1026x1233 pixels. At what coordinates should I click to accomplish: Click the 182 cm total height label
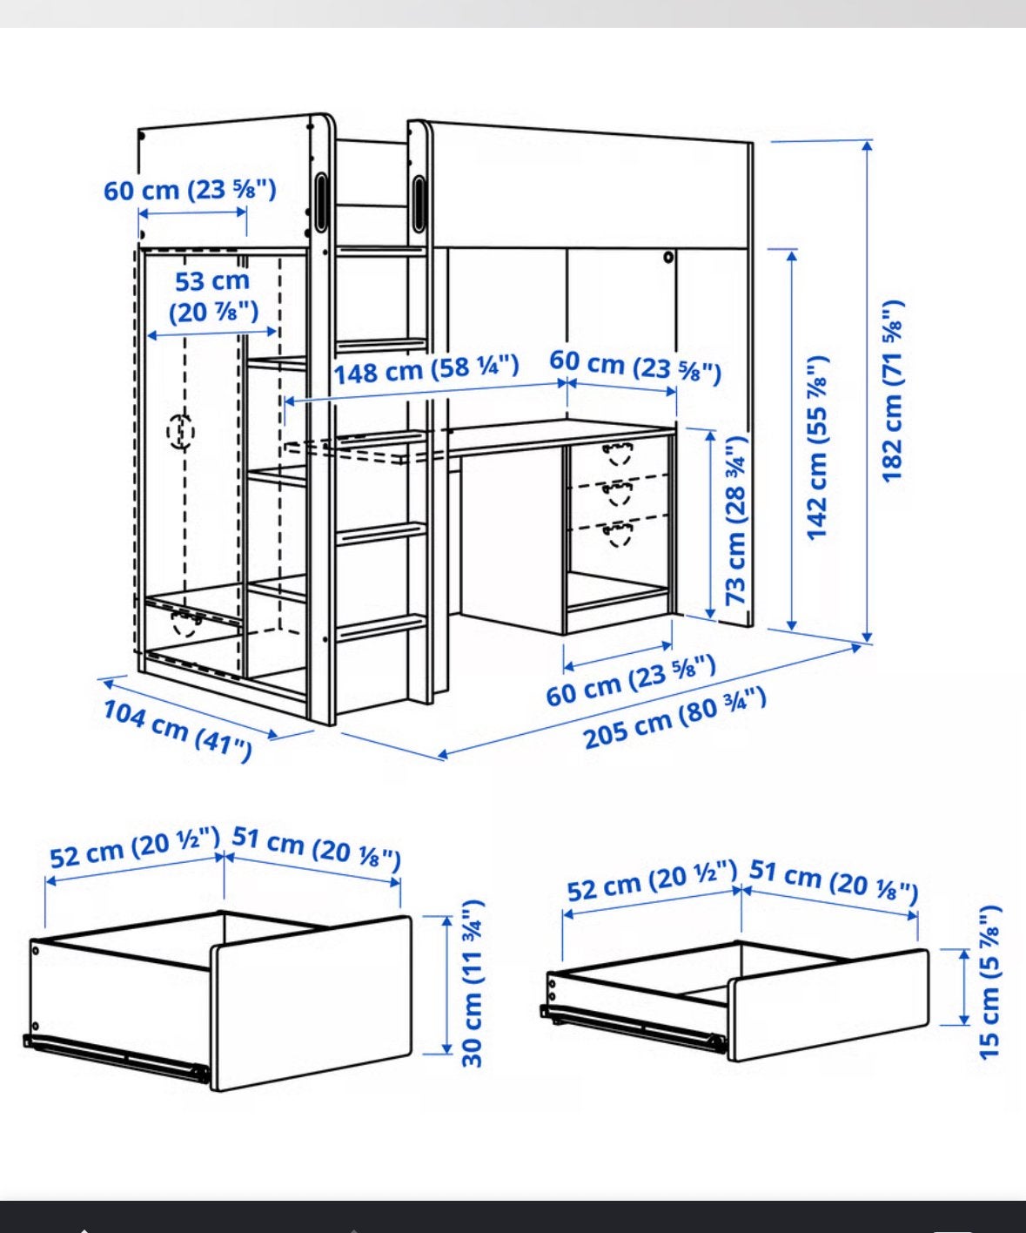point(892,392)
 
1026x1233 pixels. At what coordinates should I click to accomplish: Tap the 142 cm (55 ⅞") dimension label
point(818,448)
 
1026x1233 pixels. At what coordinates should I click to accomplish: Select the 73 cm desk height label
point(736,520)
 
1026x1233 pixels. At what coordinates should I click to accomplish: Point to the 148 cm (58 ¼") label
point(426,370)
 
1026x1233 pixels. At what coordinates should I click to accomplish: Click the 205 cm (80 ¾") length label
point(674,718)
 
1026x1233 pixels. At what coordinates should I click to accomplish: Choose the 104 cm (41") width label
point(178,730)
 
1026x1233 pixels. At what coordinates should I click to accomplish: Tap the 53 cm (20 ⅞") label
point(213,296)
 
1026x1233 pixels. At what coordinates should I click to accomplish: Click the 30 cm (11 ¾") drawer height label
point(473,983)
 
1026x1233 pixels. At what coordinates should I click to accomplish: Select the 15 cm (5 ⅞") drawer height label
point(989,982)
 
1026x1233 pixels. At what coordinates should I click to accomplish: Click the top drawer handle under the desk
point(618,453)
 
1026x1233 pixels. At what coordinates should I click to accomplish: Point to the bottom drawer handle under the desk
point(618,534)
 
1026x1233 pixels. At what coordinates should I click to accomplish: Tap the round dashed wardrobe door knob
point(180,431)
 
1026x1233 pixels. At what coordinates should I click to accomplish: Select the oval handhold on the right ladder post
point(419,204)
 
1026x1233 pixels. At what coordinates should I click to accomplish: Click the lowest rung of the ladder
point(381,627)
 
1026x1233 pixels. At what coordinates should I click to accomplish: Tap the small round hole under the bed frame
point(667,257)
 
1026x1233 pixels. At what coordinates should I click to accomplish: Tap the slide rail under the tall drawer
point(117,1058)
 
